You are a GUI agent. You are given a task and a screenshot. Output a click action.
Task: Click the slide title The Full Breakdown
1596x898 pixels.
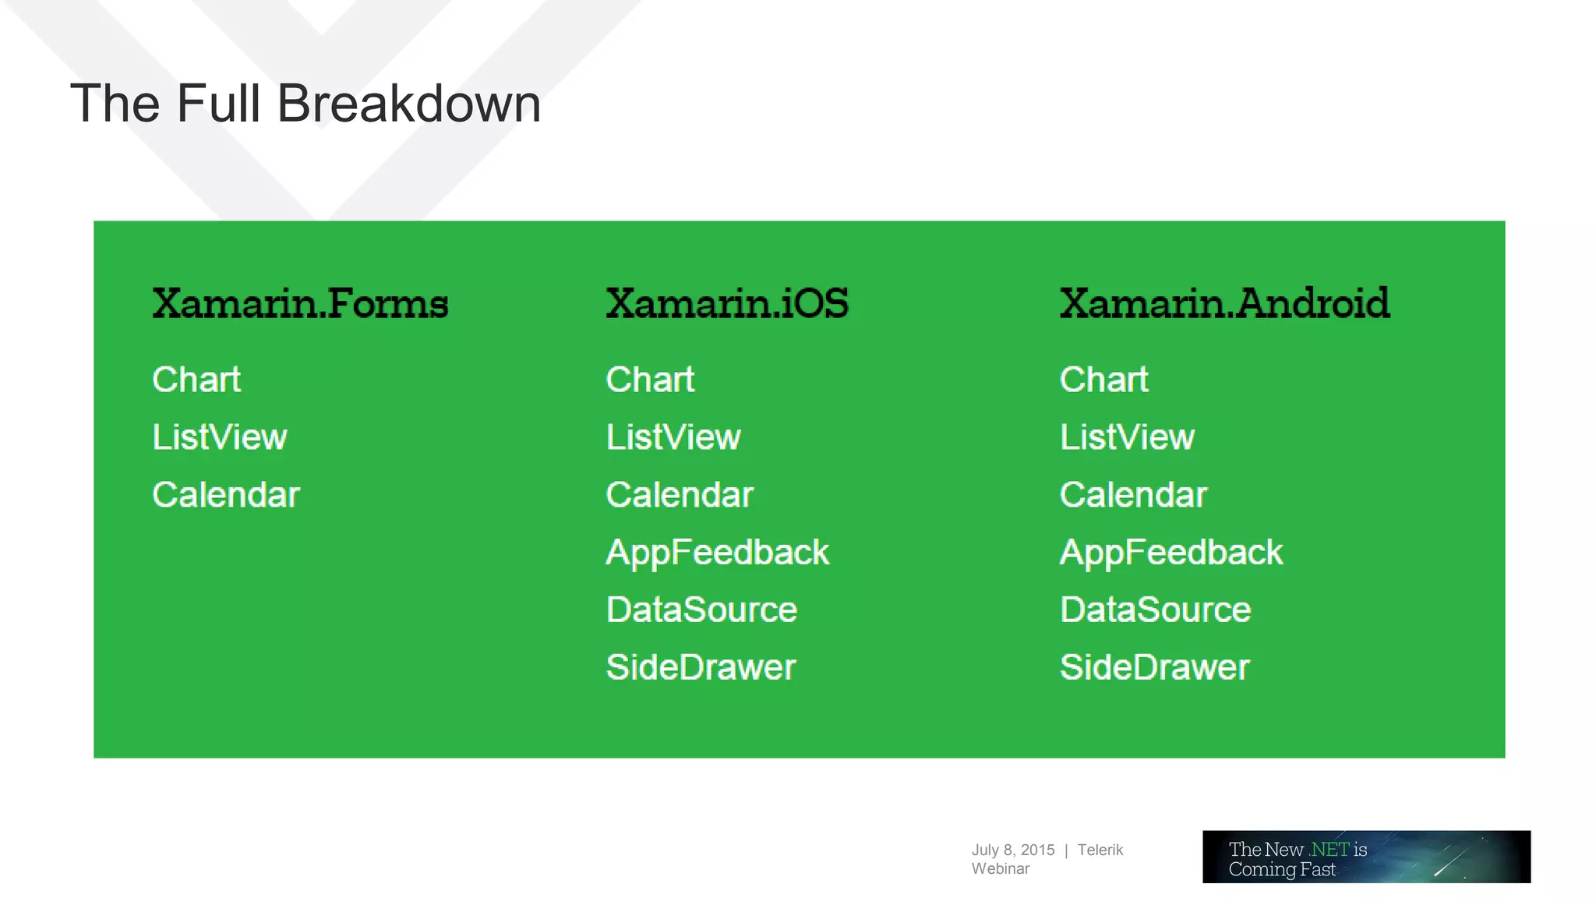[x=305, y=104]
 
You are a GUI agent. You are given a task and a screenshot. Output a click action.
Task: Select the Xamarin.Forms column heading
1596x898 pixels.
[x=300, y=303]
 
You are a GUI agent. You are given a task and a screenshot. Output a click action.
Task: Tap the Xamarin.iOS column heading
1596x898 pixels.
[x=727, y=303]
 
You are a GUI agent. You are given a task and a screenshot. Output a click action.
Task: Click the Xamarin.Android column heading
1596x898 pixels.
[x=1224, y=303]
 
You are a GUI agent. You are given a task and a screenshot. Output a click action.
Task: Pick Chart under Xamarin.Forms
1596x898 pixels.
[x=196, y=380]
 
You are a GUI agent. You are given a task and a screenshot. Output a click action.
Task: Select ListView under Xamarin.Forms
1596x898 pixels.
[x=220, y=437]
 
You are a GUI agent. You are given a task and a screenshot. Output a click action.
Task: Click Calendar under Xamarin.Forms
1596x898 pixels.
[x=226, y=495]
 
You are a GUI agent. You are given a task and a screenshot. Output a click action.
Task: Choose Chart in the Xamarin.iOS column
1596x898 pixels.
[x=650, y=380]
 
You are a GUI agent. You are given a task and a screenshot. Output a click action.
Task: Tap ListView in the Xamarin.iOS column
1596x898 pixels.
[x=673, y=437]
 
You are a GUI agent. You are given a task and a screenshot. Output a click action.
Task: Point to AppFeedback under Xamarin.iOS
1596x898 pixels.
[x=717, y=553]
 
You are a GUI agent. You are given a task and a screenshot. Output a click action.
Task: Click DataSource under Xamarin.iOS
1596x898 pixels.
[x=701, y=610]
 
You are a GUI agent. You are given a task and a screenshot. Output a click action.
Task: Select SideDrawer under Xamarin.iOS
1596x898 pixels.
[x=701, y=667]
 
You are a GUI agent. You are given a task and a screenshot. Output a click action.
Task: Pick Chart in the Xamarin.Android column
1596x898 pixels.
[x=1103, y=380]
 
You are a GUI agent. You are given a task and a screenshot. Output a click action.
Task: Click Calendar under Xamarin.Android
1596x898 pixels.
[x=1133, y=495]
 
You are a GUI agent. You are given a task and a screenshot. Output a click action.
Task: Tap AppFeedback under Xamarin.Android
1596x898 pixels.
[x=1171, y=553]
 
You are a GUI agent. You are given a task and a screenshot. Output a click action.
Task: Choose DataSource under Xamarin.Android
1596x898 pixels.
[x=1155, y=610]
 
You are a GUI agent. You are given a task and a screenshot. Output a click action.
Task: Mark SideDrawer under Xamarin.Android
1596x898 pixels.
[x=1154, y=667]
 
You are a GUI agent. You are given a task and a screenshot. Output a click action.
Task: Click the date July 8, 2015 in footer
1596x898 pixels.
[x=1012, y=850]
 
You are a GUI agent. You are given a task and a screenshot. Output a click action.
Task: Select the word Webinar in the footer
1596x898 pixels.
[x=1000, y=868]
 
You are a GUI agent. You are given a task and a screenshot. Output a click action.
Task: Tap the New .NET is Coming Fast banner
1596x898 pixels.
[x=1365, y=857]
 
